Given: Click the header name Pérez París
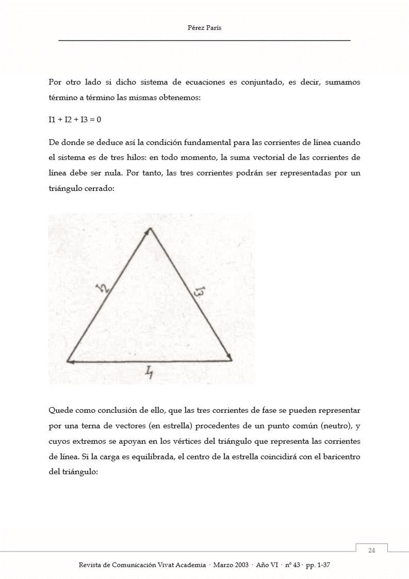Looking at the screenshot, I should point(204,28).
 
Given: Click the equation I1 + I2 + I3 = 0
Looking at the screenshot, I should point(75,119).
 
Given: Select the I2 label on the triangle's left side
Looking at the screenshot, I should point(105,290).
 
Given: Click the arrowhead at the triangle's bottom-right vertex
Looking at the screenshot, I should point(229,357).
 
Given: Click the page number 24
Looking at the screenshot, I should point(371,551).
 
